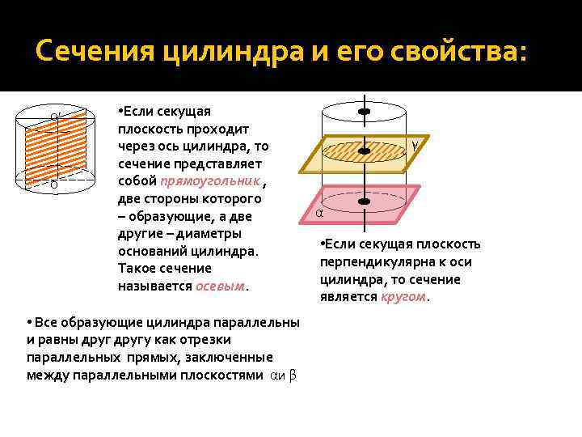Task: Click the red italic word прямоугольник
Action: [x=210, y=181]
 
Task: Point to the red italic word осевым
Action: [x=221, y=286]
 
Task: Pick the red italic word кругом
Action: [x=403, y=297]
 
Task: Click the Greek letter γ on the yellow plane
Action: [x=415, y=145]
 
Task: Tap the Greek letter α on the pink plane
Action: [x=319, y=213]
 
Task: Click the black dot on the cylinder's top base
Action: [x=365, y=110]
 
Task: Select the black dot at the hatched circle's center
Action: [x=365, y=150]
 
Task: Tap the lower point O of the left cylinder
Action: [x=54, y=185]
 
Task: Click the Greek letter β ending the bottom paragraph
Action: [x=293, y=375]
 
